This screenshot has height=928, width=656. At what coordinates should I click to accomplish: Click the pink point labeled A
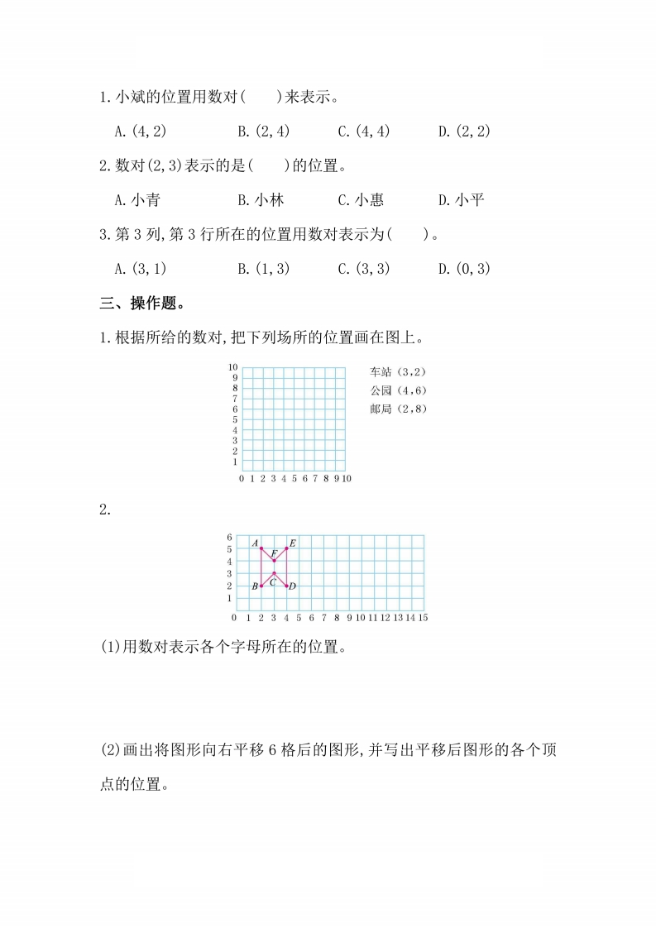point(261,548)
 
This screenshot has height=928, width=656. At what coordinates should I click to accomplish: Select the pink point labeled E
point(287,548)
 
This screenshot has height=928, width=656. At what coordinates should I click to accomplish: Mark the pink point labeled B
point(261,586)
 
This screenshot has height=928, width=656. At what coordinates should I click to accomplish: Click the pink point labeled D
point(287,586)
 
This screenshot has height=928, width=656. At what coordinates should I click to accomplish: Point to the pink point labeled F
point(274,561)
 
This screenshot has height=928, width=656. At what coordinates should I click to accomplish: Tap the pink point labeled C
point(274,573)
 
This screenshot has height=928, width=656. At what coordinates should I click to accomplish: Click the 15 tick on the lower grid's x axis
point(423,617)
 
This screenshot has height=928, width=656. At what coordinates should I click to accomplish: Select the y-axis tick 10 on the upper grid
point(233,367)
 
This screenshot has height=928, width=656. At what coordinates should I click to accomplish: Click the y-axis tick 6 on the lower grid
point(229,537)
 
